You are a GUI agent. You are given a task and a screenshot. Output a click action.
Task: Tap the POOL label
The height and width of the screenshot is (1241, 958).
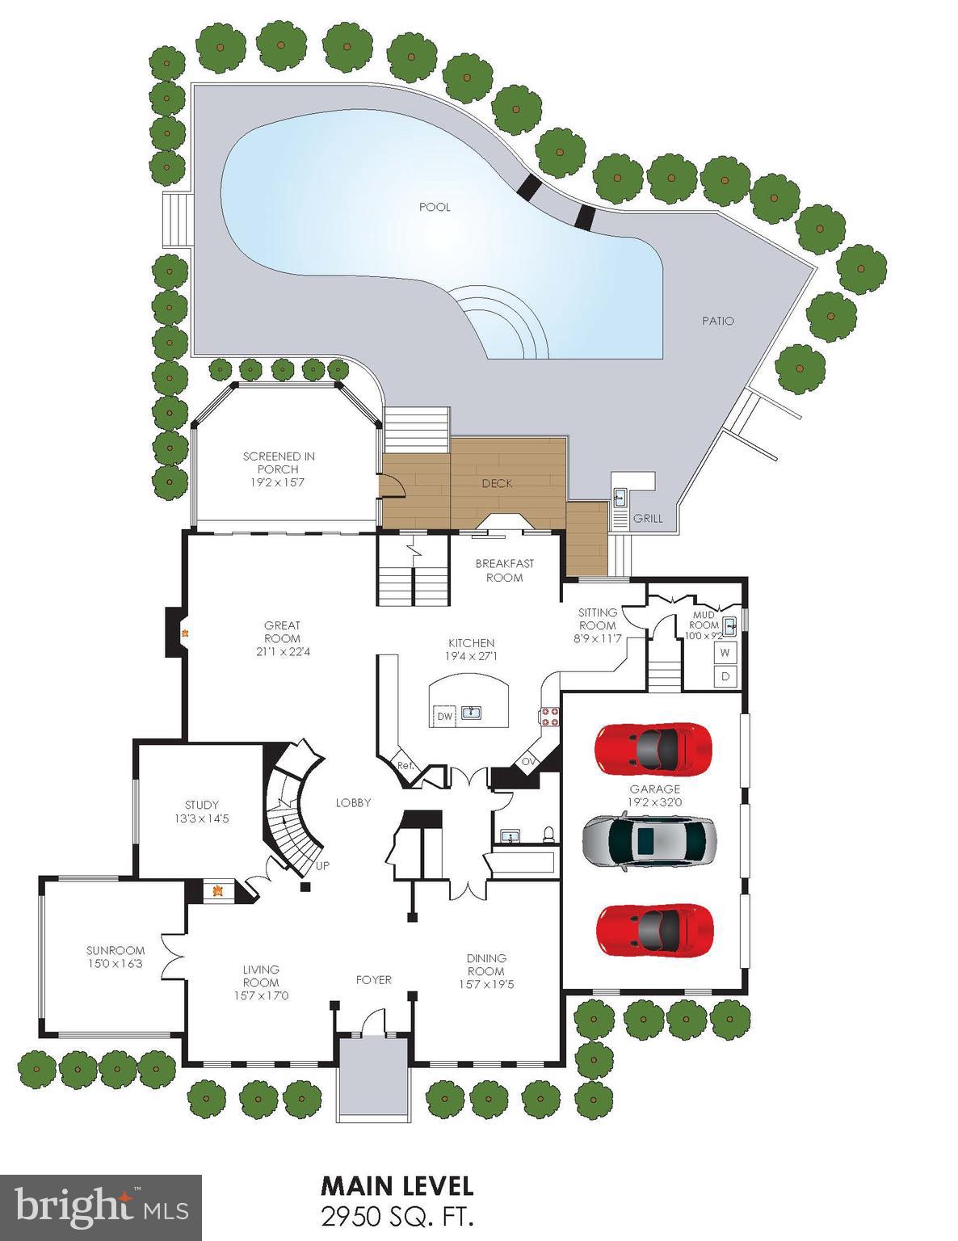(435, 207)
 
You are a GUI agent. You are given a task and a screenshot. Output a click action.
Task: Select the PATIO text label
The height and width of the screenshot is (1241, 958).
(717, 321)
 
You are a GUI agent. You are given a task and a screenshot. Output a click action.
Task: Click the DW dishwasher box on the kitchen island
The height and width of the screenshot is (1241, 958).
(444, 716)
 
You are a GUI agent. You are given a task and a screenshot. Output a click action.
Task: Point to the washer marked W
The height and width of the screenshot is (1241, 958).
(725, 652)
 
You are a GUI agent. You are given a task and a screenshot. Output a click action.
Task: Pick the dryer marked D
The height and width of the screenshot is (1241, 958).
(725, 676)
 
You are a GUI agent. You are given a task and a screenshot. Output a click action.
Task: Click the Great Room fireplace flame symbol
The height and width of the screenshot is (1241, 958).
(185, 633)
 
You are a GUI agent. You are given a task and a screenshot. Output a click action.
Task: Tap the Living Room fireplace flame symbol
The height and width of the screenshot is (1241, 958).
(216, 891)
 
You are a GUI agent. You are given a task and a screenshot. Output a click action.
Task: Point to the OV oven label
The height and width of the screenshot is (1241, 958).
(528, 761)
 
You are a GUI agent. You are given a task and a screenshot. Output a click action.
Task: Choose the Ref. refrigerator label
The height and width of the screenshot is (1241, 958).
(405, 765)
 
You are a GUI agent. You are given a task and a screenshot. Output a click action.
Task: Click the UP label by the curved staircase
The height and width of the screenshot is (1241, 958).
(322, 865)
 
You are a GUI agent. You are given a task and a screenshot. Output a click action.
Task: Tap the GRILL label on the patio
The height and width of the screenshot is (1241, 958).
(647, 518)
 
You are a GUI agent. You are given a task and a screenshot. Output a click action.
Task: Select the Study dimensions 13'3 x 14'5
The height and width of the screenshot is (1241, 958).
(201, 818)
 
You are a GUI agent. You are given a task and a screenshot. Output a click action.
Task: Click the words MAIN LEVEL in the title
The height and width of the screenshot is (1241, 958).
(397, 1186)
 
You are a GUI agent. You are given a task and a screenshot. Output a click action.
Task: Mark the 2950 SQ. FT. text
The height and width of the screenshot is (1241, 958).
(397, 1214)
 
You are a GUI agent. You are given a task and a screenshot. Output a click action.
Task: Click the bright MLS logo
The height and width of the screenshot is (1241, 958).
(101, 1207)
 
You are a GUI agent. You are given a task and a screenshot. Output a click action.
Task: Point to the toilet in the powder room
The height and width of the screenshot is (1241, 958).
(548, 833)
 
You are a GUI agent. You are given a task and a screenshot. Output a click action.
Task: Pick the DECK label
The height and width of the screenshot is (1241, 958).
(497, 483)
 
